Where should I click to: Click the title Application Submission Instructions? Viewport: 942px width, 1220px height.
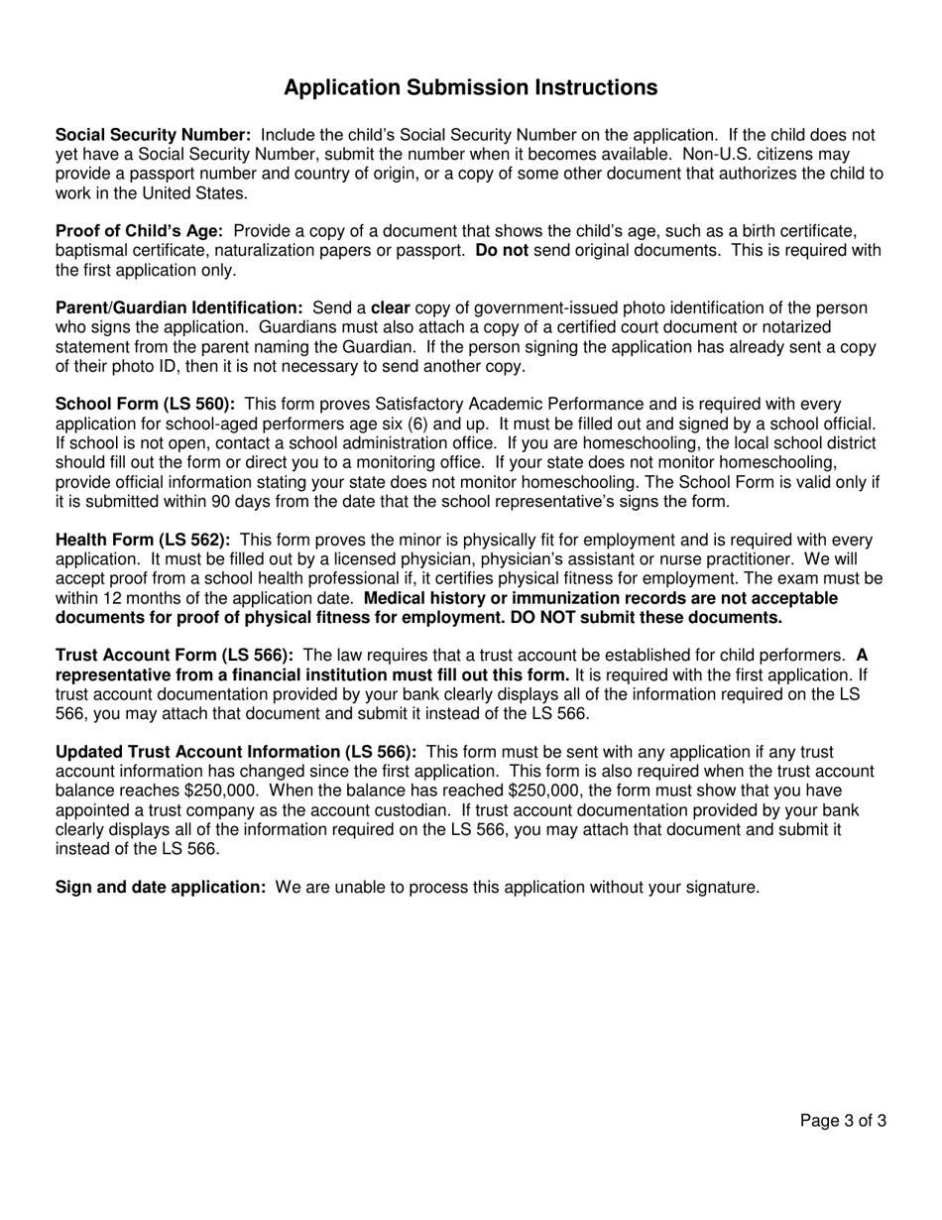[x=470, y=87]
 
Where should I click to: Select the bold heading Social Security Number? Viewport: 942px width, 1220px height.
[x=153, y=135]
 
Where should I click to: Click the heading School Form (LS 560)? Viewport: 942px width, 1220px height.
[x=145, y=405]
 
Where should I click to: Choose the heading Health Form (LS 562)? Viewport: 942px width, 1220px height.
[x=143, y=541]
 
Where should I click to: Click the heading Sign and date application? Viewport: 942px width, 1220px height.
[x=160, y=887]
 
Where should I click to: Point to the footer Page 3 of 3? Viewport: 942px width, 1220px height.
[x=843, y=1122]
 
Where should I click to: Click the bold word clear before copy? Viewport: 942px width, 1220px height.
[x=391, y=308]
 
